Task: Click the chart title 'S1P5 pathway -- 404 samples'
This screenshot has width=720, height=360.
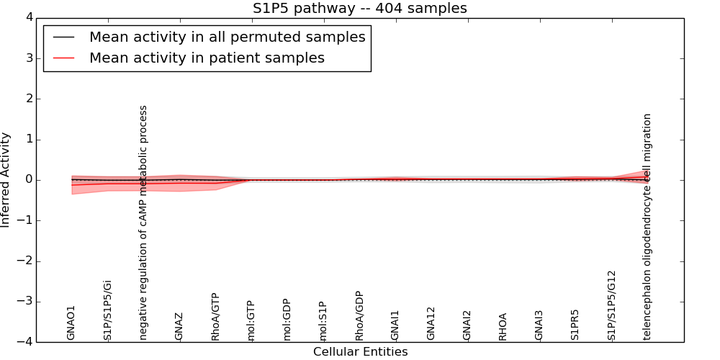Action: [359, 9]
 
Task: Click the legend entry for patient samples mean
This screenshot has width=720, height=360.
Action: [207, 58]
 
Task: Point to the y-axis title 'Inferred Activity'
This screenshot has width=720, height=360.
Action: [6, 180]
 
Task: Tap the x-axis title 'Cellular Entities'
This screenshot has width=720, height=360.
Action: [360, 352]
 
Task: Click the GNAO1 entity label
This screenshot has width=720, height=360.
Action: [71, 323]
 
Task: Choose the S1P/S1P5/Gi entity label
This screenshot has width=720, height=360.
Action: [107, 310]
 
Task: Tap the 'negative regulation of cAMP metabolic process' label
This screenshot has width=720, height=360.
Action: [143, 222]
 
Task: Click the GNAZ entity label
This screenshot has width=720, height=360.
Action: [179, 326]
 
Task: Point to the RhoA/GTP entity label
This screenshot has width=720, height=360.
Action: [215, 317]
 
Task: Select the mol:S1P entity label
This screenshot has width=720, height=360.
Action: [323, 320]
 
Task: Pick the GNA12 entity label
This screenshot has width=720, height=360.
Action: [431, 323]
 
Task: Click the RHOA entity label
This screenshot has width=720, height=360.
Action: [503, 326]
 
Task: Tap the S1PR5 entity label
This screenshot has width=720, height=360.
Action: [575, 325]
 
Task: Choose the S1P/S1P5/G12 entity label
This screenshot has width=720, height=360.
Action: [611, 305]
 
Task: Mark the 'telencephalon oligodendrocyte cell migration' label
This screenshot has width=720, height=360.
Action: [647, 226]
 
